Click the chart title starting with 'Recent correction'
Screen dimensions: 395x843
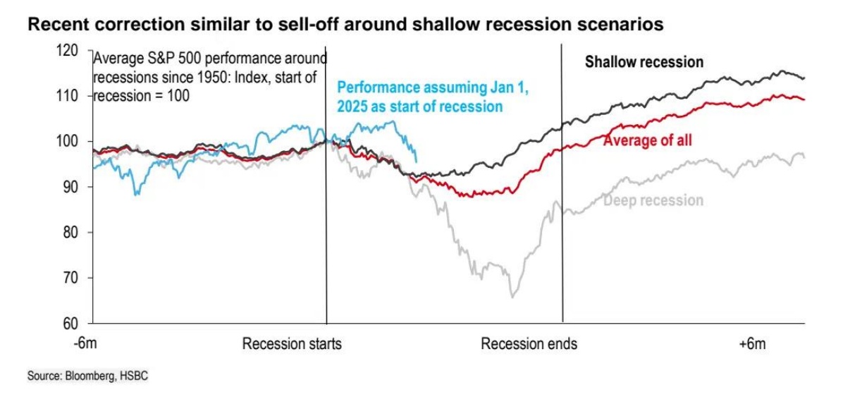coord(345,25)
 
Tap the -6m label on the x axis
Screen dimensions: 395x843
coord(85,344)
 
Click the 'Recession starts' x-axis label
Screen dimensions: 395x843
coord(292,344)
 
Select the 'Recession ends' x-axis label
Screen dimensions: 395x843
coord(529,344)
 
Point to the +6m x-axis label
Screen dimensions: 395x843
coord(752,344)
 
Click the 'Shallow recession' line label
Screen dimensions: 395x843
coord(644,62)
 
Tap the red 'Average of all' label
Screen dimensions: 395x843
coord(647,140)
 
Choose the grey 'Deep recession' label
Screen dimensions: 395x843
coord(653,200)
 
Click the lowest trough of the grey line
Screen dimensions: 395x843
coord(512,297)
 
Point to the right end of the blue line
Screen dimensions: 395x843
coord(417,162)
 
